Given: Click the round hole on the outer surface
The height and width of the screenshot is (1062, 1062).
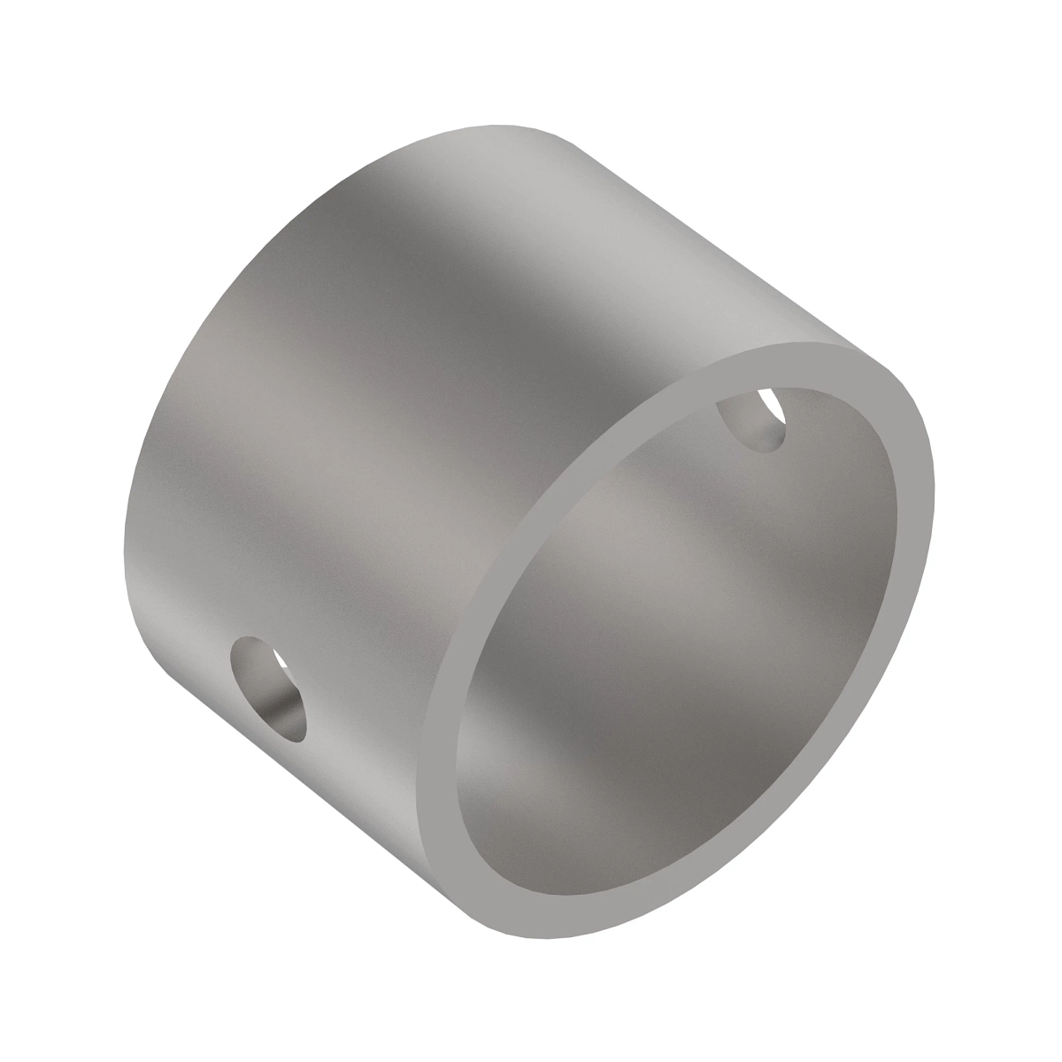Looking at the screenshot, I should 268,687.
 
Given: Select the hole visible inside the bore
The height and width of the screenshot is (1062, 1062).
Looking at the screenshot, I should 752,421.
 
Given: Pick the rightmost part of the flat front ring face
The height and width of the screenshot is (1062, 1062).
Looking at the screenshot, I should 925,487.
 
